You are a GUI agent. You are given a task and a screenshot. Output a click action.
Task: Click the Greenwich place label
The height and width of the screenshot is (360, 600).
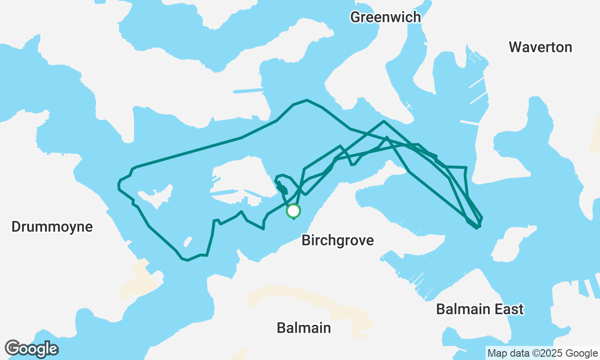tap(385, 17)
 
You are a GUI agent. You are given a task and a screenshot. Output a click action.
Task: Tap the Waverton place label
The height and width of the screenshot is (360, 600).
tap(540, 47)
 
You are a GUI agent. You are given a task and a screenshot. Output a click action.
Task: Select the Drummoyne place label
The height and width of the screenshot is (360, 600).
tap(52, 227)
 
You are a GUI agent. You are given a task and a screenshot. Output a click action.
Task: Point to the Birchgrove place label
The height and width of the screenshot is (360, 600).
tap(337, 240)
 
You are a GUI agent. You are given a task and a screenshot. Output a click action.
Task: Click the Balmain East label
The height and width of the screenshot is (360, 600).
tap(480, 309)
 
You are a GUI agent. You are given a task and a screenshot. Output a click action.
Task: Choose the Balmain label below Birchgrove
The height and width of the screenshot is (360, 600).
tap(304, 328)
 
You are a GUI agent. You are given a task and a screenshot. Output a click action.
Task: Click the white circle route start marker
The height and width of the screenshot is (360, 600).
tap(293, 211)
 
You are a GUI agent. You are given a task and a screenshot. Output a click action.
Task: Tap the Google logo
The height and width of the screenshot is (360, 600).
tap(31, 349)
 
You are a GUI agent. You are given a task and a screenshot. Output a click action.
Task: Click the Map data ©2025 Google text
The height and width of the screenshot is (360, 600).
tap(542, 353)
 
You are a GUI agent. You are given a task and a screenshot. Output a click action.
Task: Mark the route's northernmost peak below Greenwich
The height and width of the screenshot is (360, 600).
tap(307, 100)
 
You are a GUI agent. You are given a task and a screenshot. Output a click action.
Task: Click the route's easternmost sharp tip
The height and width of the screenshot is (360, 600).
tap(482, 218)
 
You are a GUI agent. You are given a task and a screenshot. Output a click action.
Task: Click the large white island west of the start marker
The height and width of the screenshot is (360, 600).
tap(239, 178)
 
